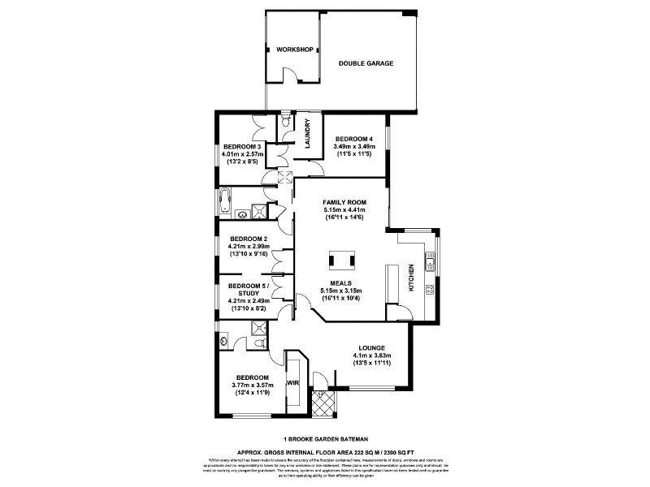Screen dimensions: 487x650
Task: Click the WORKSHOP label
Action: coord(294,50)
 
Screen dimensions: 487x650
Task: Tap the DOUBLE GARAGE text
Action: coord(366,63)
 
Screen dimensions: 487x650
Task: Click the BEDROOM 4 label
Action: coord(354,138)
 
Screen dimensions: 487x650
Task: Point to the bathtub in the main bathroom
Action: coord(227,198)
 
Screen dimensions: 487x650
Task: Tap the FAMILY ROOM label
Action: coord(344,201)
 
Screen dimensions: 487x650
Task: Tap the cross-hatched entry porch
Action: coord(323,403)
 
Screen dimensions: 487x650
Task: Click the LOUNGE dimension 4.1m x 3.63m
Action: coord(372,355)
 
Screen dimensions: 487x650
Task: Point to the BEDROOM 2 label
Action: coord(248,239)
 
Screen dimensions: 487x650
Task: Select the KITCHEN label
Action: coord(411,278)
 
